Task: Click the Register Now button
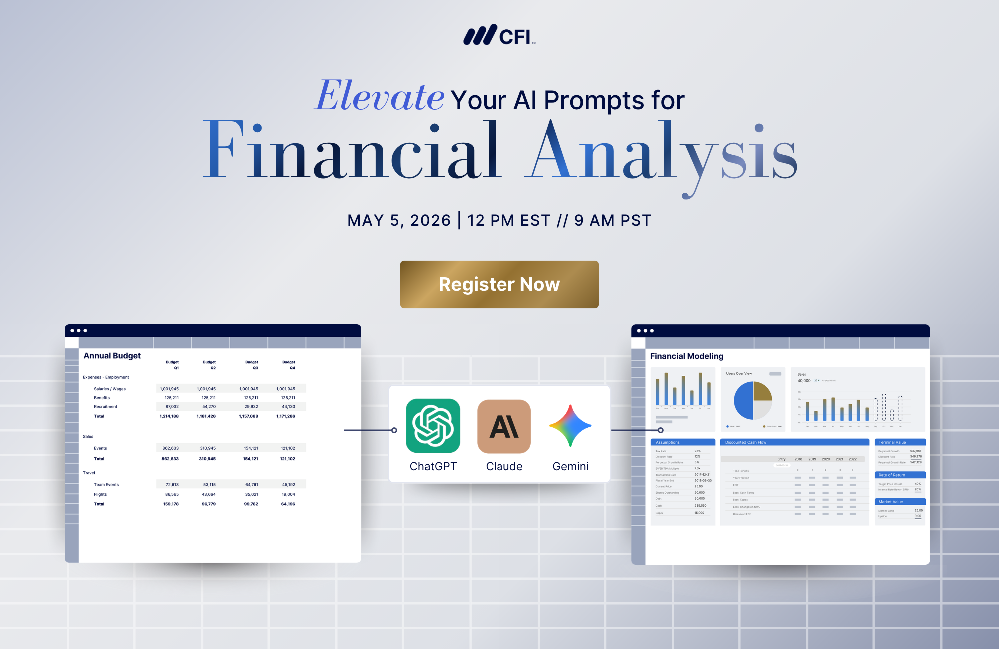click(499, 284)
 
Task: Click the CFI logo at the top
click(499, 36)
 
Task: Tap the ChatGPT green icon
click(433, 426)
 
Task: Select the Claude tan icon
click(504, 426)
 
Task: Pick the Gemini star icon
click(570, 426)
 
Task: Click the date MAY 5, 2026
click(399, 220)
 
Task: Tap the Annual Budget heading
click(112, 356)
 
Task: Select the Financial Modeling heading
click(686, 356)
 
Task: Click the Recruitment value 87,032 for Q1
click(172, 407)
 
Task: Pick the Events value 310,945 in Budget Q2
click(208, 448)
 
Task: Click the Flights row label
click(100, 494)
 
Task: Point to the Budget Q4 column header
click(289, 365)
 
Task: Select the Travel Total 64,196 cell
click(288, 504)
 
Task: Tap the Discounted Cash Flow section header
click(794, 442)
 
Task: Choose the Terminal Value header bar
click(900, 442)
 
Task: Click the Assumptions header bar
click(683, 442)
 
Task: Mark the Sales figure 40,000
click(804, 381)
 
